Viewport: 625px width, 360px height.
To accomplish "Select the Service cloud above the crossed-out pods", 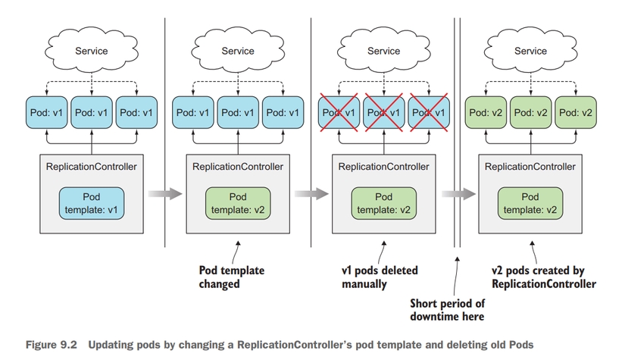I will (x=383, y=52).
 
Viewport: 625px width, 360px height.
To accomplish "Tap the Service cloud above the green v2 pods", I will (x=530, y=52).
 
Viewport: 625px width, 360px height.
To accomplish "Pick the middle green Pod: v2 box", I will (x=530, y=112).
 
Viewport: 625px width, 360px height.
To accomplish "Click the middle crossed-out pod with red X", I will (x=383, y=112).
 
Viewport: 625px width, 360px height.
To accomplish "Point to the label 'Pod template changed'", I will (x=230, y=277).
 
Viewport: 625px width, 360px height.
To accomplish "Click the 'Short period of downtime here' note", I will (x=447, y=309).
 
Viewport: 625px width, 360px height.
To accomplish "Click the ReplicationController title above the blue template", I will (x=91, y=166).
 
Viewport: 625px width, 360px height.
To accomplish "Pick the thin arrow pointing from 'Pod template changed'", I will (x=238, y=251).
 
